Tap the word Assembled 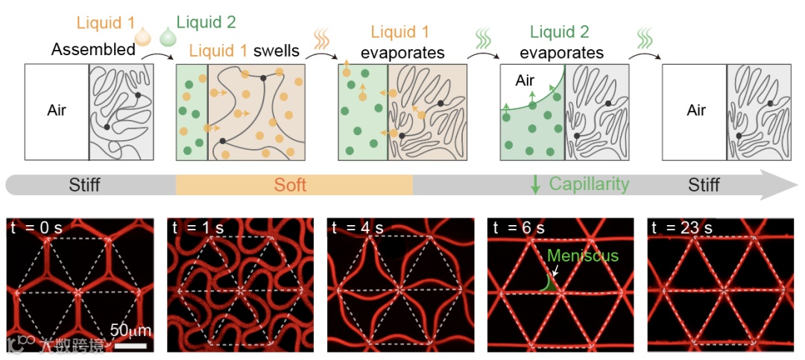point(94,51)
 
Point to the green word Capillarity point(589,184)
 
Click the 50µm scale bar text point(129,329)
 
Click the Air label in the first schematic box point(57,111)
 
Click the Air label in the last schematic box point(696,111)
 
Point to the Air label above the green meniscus point(525,80)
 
